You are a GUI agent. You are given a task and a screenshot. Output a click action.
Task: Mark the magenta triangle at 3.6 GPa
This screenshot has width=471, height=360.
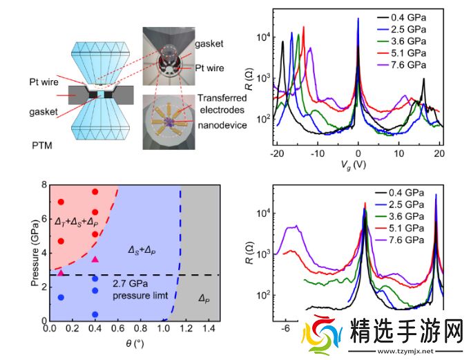pyautogui.click(x=95, y=259)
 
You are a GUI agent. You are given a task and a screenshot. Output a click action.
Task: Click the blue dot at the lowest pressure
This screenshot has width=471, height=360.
pyautogui.click(x=95, y=314)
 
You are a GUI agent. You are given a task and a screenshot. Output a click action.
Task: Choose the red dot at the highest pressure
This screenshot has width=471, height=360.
pyautogui.click(x=95, y=191)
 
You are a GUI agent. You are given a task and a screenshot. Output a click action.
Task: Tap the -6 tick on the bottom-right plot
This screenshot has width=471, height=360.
pyautogui.click(x=285, y=330)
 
